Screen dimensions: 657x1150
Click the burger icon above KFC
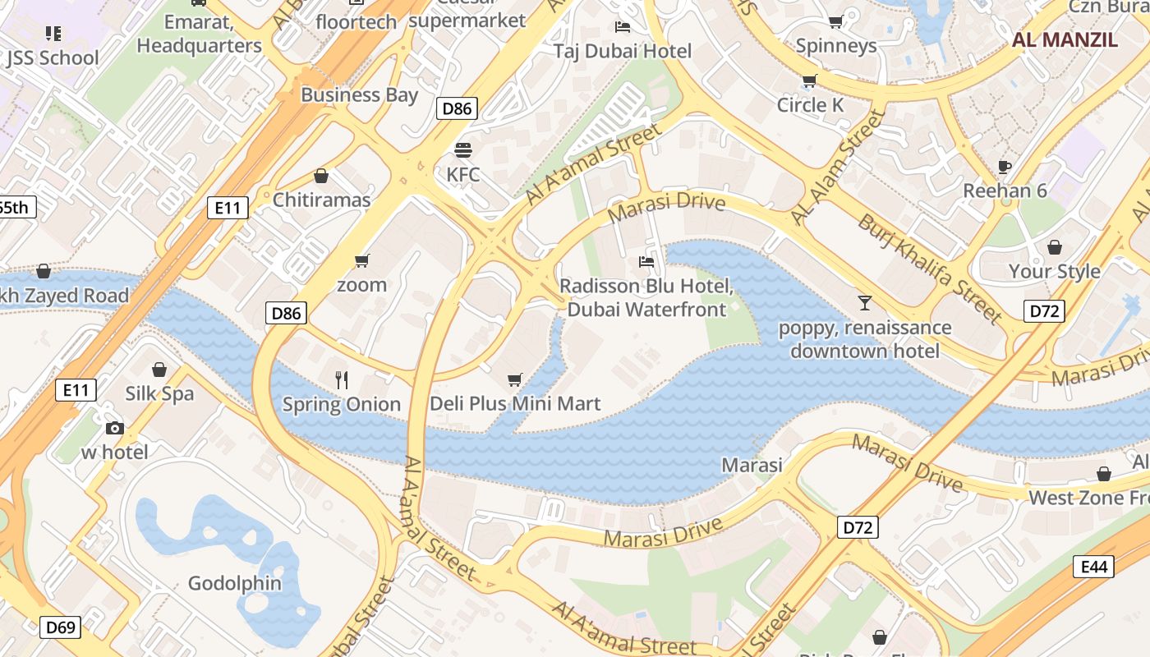click(x=463, y=150)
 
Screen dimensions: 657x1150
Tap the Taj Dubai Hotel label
click(x=622, y=51)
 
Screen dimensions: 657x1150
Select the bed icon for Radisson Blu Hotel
click(x=646, y=263)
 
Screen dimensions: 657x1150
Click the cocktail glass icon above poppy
click(x=864, y=303)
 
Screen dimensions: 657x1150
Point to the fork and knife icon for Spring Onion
click(x=342, y=379)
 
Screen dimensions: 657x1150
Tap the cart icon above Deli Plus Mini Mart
click(x=515, y=379)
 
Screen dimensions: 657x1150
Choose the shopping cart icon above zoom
click(x=361, y=261)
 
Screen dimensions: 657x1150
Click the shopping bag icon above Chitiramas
click(x=321, y=177)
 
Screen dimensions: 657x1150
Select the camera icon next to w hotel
click(x=115, y=428)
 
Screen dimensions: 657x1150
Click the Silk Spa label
click(x=159, y=393)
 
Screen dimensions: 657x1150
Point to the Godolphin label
click(x=235, y=584)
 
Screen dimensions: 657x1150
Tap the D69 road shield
click(x=61, y=627)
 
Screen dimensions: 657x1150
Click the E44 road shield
click(x=1094, y=566)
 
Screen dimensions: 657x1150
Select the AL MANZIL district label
click(x=1065, y=39)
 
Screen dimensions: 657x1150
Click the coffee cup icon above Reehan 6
click(x=1005, y=167)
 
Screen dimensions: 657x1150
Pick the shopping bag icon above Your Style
click(x=1054, y=247)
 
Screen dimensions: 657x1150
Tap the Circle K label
click(x=810, y=105)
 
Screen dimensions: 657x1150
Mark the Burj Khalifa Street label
click(x=930, y=269)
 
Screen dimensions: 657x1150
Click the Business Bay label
click(x=359, y=94)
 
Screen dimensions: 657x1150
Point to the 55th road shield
click(x=15, y=207)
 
